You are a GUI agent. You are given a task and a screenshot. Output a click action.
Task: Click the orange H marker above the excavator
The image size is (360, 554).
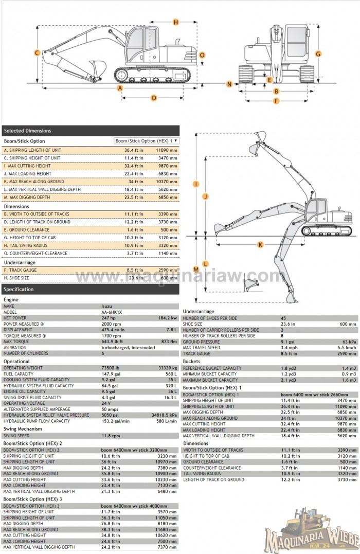click(x=175, y=22)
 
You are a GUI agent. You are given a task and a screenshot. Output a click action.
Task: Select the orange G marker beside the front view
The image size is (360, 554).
click(x=318, y=53)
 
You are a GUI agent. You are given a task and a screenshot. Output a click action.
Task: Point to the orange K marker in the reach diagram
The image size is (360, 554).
click(x=260, y=245)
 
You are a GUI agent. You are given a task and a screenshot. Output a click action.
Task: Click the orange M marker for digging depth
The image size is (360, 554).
click(x=196, y=269)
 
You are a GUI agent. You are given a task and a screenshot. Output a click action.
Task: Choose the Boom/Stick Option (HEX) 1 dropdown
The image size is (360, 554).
click(x=147, y=140)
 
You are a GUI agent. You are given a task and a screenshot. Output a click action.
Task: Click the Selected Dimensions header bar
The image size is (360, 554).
click(x=91, y=131)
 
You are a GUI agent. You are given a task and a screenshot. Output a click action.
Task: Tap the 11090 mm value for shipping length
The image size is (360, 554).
click(x=167, y=150)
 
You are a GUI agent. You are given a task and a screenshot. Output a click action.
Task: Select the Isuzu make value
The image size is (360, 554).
click(x=106, y=306)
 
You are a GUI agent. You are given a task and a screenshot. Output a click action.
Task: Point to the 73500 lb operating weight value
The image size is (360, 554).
click(x=111, y=368)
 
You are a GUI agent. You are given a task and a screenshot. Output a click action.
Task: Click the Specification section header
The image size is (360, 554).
click(x=91, y=289)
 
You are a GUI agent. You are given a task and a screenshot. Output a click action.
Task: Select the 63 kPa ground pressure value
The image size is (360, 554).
click(x=349, y=342)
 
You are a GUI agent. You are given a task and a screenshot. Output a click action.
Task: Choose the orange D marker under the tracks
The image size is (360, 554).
click(x=153, y=98)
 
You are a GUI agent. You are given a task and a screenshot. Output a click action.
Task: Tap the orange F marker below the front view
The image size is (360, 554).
click(x=276, y=101)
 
